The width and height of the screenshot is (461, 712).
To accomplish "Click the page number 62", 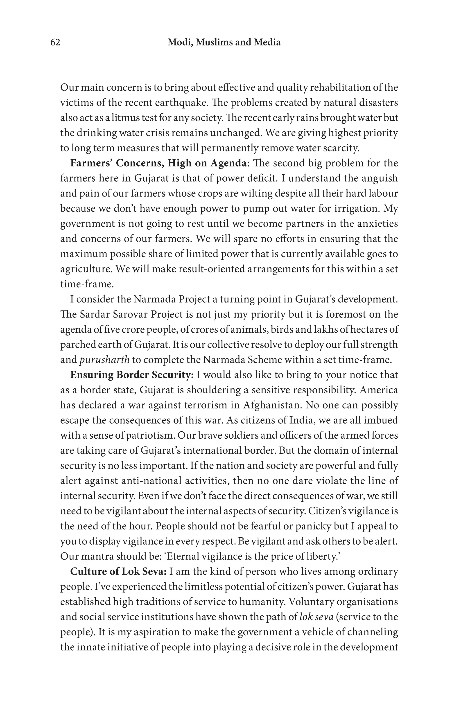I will point(55,43).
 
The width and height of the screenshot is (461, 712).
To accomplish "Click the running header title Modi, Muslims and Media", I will point(224,43).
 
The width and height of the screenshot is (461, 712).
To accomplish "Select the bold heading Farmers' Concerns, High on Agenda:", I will point(160,163).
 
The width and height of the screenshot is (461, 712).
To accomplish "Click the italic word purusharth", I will point(104,360).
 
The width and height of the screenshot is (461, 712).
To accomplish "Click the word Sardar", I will point(94,314).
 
